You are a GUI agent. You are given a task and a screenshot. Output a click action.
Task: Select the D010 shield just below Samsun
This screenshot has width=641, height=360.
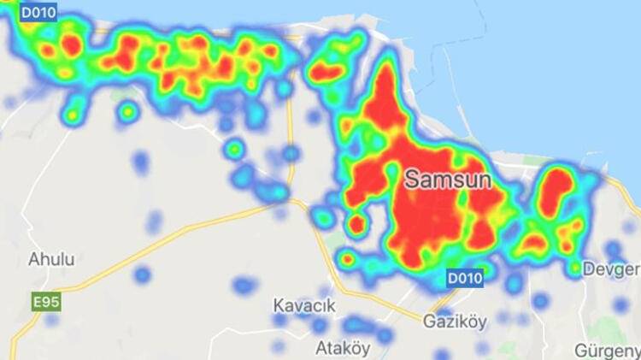[x=465, y=277]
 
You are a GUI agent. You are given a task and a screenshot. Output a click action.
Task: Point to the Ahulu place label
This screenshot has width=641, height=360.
[x=50, y=258]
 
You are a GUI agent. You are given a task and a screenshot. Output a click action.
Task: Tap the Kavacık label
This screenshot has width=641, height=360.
[x=303, y=305]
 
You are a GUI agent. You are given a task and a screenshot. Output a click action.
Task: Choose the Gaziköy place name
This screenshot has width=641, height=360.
[x=455, y=322]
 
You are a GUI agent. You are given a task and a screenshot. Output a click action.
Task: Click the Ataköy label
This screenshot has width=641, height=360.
[x=343, y=348]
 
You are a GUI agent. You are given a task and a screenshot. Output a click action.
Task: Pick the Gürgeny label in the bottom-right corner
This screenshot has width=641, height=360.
[x=607, y=351]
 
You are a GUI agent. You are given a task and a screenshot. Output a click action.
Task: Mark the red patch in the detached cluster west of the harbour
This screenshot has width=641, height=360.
[x=327, y=72]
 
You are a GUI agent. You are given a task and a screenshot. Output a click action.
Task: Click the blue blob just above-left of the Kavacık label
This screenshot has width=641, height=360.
[x=244, y=286]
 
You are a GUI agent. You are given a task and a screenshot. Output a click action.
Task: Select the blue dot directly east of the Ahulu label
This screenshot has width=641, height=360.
[x=142, y=274]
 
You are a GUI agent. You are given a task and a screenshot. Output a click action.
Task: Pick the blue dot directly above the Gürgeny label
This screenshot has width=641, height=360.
[x=621, y=305]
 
